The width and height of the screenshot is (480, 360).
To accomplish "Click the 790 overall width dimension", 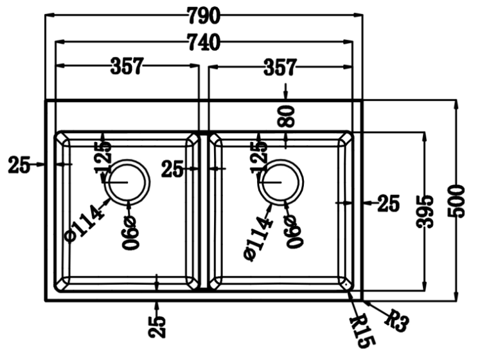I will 203,14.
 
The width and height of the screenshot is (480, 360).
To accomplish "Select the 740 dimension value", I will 203,43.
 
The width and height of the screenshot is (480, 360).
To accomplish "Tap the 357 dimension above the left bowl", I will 127,66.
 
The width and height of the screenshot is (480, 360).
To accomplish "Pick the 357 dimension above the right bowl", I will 280,66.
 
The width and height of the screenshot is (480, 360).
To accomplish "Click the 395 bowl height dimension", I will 423,211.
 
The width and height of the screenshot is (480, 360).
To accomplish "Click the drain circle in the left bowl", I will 127,182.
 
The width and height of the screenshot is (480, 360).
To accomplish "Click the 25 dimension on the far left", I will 19,165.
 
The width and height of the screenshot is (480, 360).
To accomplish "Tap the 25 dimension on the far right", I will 388,203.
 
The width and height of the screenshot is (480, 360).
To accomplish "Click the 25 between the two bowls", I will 172,169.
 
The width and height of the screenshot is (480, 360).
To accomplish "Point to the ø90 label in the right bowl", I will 290,231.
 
